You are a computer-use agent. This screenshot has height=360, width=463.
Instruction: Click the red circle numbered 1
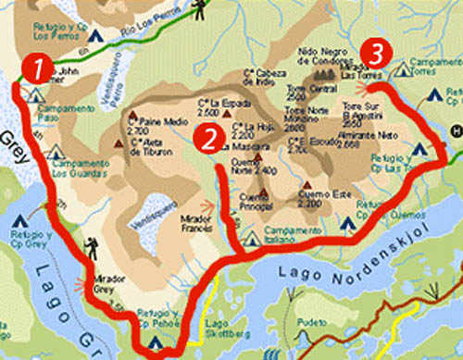[x=34, y=68]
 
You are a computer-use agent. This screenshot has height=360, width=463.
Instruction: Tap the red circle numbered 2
[x=209, y=139]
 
